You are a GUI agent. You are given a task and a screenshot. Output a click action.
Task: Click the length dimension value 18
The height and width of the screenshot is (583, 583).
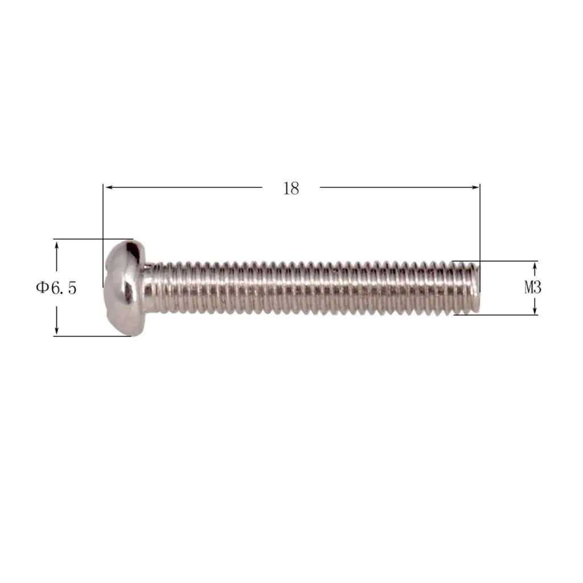[x=291, y=188]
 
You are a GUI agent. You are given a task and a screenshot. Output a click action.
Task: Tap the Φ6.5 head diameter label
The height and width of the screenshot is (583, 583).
[x=56, y=288]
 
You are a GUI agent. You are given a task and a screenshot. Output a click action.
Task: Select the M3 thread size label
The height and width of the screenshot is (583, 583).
[x=532, y=288]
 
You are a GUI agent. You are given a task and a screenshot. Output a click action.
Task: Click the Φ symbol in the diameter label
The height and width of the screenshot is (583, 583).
[x=42, y=288]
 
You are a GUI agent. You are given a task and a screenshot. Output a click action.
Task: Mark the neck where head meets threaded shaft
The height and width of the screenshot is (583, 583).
[x=149, y=288]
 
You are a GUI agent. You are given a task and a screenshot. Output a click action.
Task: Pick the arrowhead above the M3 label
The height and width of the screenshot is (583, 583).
[x=535, y=265]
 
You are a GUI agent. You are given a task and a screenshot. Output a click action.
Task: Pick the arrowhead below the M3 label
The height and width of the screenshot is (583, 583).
[x=535, y=311]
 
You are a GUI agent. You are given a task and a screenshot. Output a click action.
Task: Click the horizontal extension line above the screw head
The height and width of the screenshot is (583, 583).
[x=91, y=239]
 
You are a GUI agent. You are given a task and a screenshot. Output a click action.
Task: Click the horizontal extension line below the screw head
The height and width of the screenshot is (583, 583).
[x=91, y=336]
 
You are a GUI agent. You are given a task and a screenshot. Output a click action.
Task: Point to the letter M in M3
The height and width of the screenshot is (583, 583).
[x=528, y=288]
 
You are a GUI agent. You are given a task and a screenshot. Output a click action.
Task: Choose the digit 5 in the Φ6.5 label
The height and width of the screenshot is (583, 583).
[x=71, y=288]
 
